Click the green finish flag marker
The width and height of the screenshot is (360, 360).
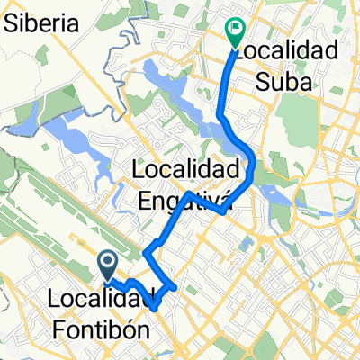coord(235,33)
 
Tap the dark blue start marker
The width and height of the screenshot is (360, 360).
coord(107,266)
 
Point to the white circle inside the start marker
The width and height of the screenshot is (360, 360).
coord(107,262)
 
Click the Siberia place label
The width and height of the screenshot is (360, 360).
coord(40,24)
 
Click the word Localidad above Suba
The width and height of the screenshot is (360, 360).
coord(289,49)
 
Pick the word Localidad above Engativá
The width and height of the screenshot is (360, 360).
coord(186,167)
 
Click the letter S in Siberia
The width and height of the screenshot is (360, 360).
coord(10,24)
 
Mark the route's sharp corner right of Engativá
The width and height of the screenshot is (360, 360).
coord(222,212)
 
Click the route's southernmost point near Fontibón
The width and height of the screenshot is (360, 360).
coord(156,308)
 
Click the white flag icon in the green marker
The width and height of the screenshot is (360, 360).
coord(236,29)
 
